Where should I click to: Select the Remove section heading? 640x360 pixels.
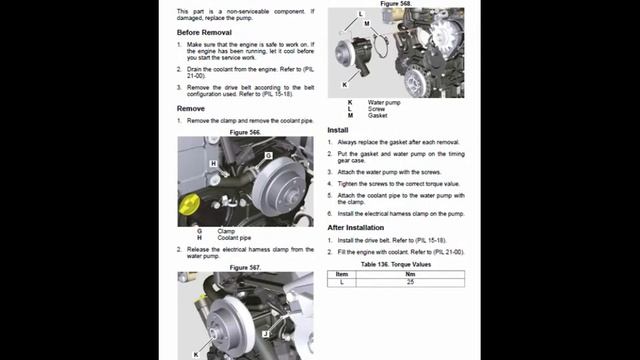(191, 108)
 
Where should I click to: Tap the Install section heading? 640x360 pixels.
(338, 130)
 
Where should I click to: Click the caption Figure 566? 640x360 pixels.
(245, 132)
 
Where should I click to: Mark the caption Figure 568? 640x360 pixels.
(395, 4)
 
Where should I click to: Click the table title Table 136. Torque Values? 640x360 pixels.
(396, 264)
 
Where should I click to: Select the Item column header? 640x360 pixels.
(342, 273)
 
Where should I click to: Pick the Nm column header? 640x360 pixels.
(410, 273)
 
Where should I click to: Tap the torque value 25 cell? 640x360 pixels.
(410, 282)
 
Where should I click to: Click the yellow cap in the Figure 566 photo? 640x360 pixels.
(186, 209)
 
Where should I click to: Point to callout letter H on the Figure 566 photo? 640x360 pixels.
(213, 163)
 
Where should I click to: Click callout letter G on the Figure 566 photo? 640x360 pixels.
(268, 157)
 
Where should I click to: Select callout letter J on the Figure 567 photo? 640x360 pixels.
(265, 332)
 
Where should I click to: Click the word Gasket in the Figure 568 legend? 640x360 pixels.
(378, 116)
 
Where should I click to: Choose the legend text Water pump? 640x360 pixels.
(385, 102)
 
